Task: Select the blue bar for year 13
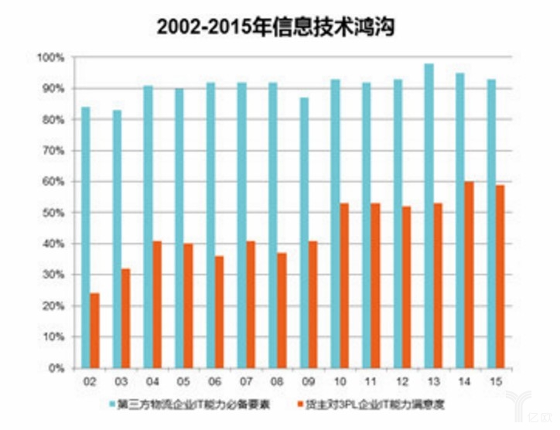point(450,216)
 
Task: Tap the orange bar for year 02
point(95,331)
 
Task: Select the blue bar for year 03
point(117,239)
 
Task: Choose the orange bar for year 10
point(345,285)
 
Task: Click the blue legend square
point(113,403)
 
